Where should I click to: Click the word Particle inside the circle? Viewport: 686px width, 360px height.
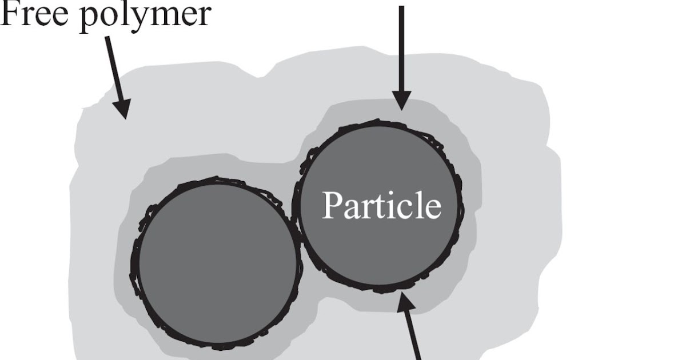tap(381, 205)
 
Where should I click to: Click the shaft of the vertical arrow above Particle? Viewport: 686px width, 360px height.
tap(401, 46)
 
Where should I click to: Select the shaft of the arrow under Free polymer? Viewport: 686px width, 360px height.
tap(113, 69)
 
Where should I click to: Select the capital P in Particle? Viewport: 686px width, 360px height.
tap(333, 205)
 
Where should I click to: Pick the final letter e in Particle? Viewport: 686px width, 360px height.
tap(433, 209)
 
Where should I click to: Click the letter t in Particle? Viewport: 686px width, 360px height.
tap(380, 206)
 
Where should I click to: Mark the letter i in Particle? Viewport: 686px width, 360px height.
tap(390, 205)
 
